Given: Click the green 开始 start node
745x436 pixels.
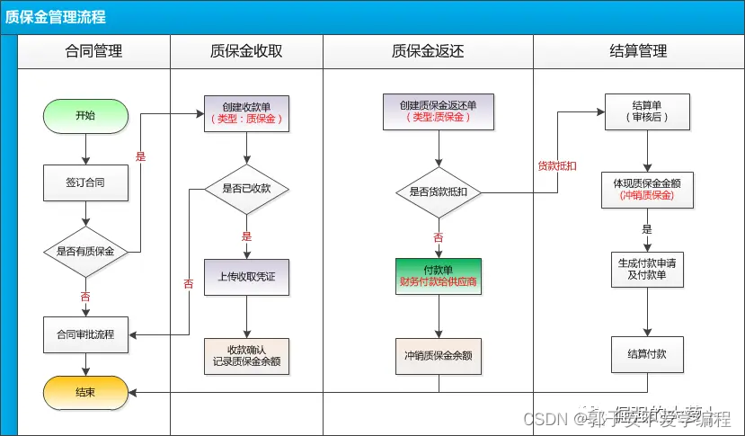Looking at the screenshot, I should coord(85,116).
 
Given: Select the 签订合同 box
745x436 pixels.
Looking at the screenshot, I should coord(85,182).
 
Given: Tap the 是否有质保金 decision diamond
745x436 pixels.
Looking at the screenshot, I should coord(85,252).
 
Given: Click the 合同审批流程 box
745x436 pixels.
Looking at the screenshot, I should coord(85,334).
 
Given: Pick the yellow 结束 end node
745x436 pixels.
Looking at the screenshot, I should coord(85,391).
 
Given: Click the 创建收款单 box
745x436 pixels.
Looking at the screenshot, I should coord(246,112).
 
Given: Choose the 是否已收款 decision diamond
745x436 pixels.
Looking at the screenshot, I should coord(245,189).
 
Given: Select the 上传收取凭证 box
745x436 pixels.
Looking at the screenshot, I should coord(246,278).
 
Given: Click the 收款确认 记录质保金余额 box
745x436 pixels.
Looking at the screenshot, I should coord(246,355).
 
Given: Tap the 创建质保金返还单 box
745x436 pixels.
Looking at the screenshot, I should coord(438,111).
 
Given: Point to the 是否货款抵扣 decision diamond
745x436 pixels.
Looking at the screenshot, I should coord(438,192).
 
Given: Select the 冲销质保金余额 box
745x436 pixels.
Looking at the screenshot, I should coord(438,356).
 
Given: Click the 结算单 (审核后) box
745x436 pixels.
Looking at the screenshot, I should coord(647,111).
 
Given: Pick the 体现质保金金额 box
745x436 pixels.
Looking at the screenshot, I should coord(647,189).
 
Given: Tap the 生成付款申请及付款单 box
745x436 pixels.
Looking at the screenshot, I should coord(647,268).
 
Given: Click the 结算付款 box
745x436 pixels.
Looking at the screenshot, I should coord(647,354).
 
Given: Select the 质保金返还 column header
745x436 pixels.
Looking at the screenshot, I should coord(428,51).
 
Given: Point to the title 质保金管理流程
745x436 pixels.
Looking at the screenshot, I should coord(56,17).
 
